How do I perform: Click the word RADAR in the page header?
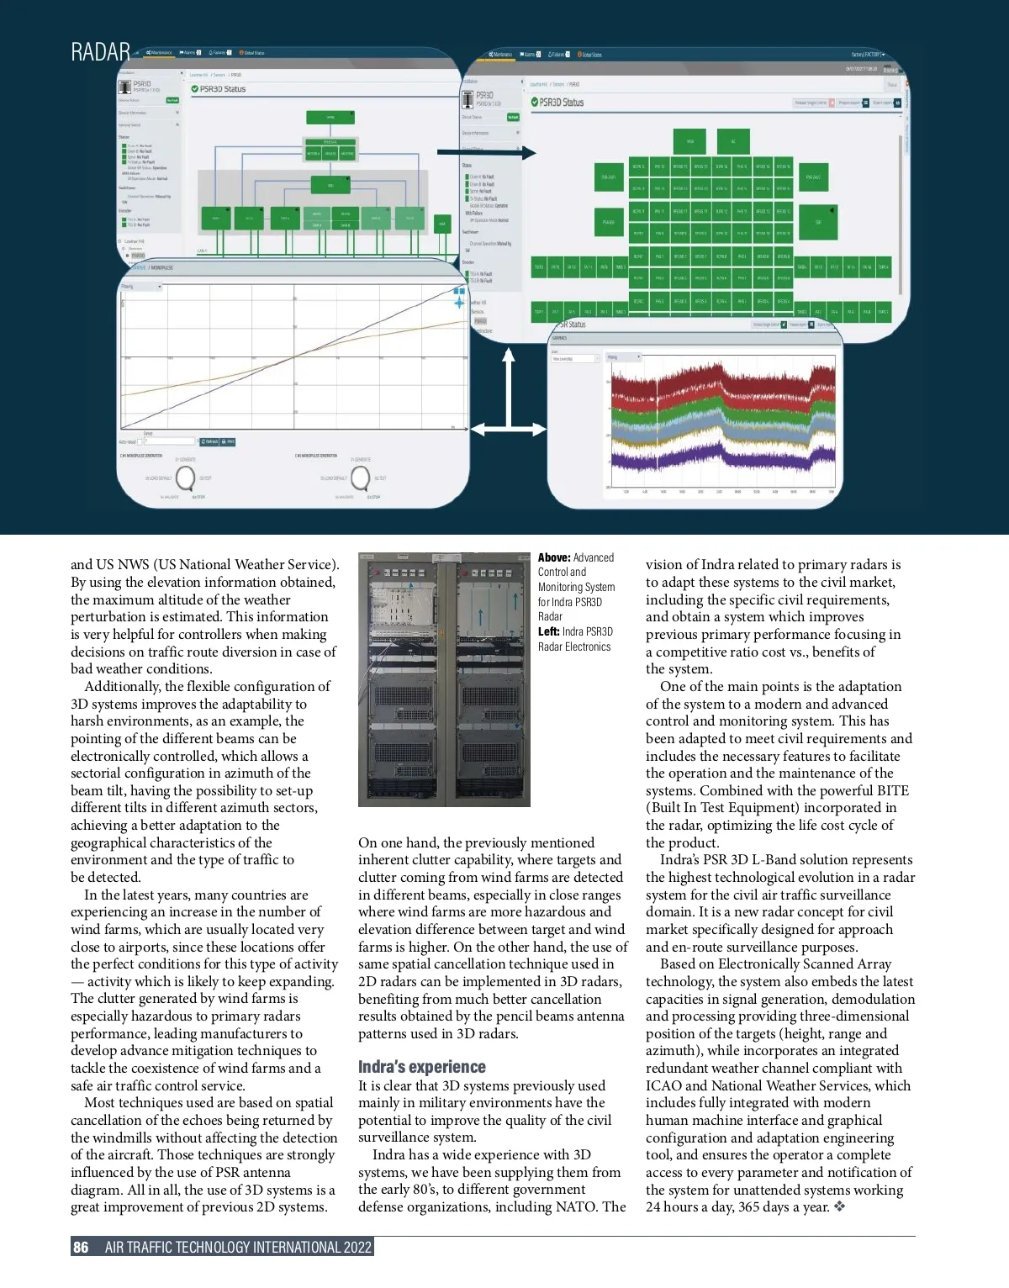point(100,52)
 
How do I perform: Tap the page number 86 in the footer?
point(81,1247)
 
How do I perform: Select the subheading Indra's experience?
point(421,1067)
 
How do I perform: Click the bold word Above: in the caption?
point(554,557)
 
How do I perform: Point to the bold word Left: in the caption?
point(549,631)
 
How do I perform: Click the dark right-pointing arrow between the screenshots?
point(486,153)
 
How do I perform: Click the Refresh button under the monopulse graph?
point(209,441)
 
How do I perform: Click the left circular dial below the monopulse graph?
point(184,478)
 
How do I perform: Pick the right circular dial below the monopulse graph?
point(360,478)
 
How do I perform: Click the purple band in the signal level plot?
point(723,460)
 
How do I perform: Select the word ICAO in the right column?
point(664,1085)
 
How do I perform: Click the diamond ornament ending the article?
point(839,1207)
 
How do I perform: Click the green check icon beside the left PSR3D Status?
point(194,89)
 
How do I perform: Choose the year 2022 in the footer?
point(357,1247)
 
